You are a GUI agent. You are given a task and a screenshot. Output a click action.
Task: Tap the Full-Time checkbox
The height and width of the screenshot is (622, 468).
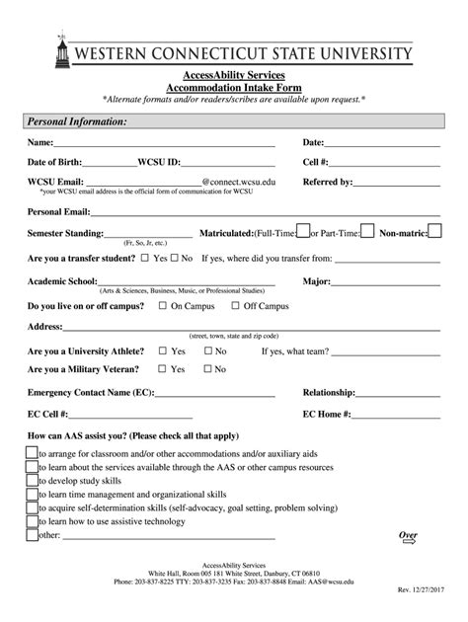click(x=303, y=231)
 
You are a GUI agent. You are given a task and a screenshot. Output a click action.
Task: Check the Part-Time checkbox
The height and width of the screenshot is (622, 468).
click(x=366, y=231)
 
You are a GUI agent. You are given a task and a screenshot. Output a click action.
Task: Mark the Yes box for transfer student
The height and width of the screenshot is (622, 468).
click(x=145, y=258)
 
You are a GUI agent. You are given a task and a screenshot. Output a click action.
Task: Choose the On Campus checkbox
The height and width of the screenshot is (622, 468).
click(x=163, y=306)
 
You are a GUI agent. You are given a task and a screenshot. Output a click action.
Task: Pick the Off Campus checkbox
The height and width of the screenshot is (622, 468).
click(x=236, y=306)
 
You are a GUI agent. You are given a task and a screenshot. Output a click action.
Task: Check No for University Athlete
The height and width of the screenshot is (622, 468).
click(x=206, y=350)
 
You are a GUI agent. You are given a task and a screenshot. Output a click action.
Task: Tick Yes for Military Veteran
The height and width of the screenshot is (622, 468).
click(x=163, y=369)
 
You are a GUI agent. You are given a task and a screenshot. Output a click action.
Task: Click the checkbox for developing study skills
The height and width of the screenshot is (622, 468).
click(x=31, y=477)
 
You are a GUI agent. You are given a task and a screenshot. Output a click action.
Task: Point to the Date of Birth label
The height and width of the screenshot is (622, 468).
click(x=58, y=162)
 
